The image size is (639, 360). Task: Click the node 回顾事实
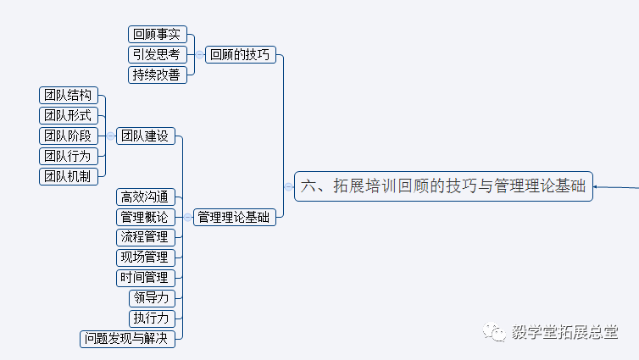coord(158,35)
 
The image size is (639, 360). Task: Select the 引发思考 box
coord(158,55)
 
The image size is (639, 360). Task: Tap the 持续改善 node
coord(158,75)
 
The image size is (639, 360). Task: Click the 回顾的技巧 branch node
coord(240,55)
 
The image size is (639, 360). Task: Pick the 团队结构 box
coord(69,95)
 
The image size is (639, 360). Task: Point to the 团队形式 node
coord(69,115)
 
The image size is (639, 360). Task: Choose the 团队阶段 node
coord(69,136)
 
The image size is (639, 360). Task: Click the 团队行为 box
coord(69,156)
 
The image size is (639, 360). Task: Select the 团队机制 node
coord(69,176)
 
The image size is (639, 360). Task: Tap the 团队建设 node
coord(145,136)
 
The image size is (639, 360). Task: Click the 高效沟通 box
coord(146,197)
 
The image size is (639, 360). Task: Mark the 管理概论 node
coord(146,217)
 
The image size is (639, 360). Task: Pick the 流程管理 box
coord(146,237)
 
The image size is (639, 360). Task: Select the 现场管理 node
coord(146,258)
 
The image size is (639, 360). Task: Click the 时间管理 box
coord(146,278)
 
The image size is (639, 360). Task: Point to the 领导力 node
coord(152,298)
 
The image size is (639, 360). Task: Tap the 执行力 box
coord(152,318)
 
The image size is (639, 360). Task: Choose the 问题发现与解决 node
coord(128,339)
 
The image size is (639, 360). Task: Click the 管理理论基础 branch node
coord(234,217)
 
